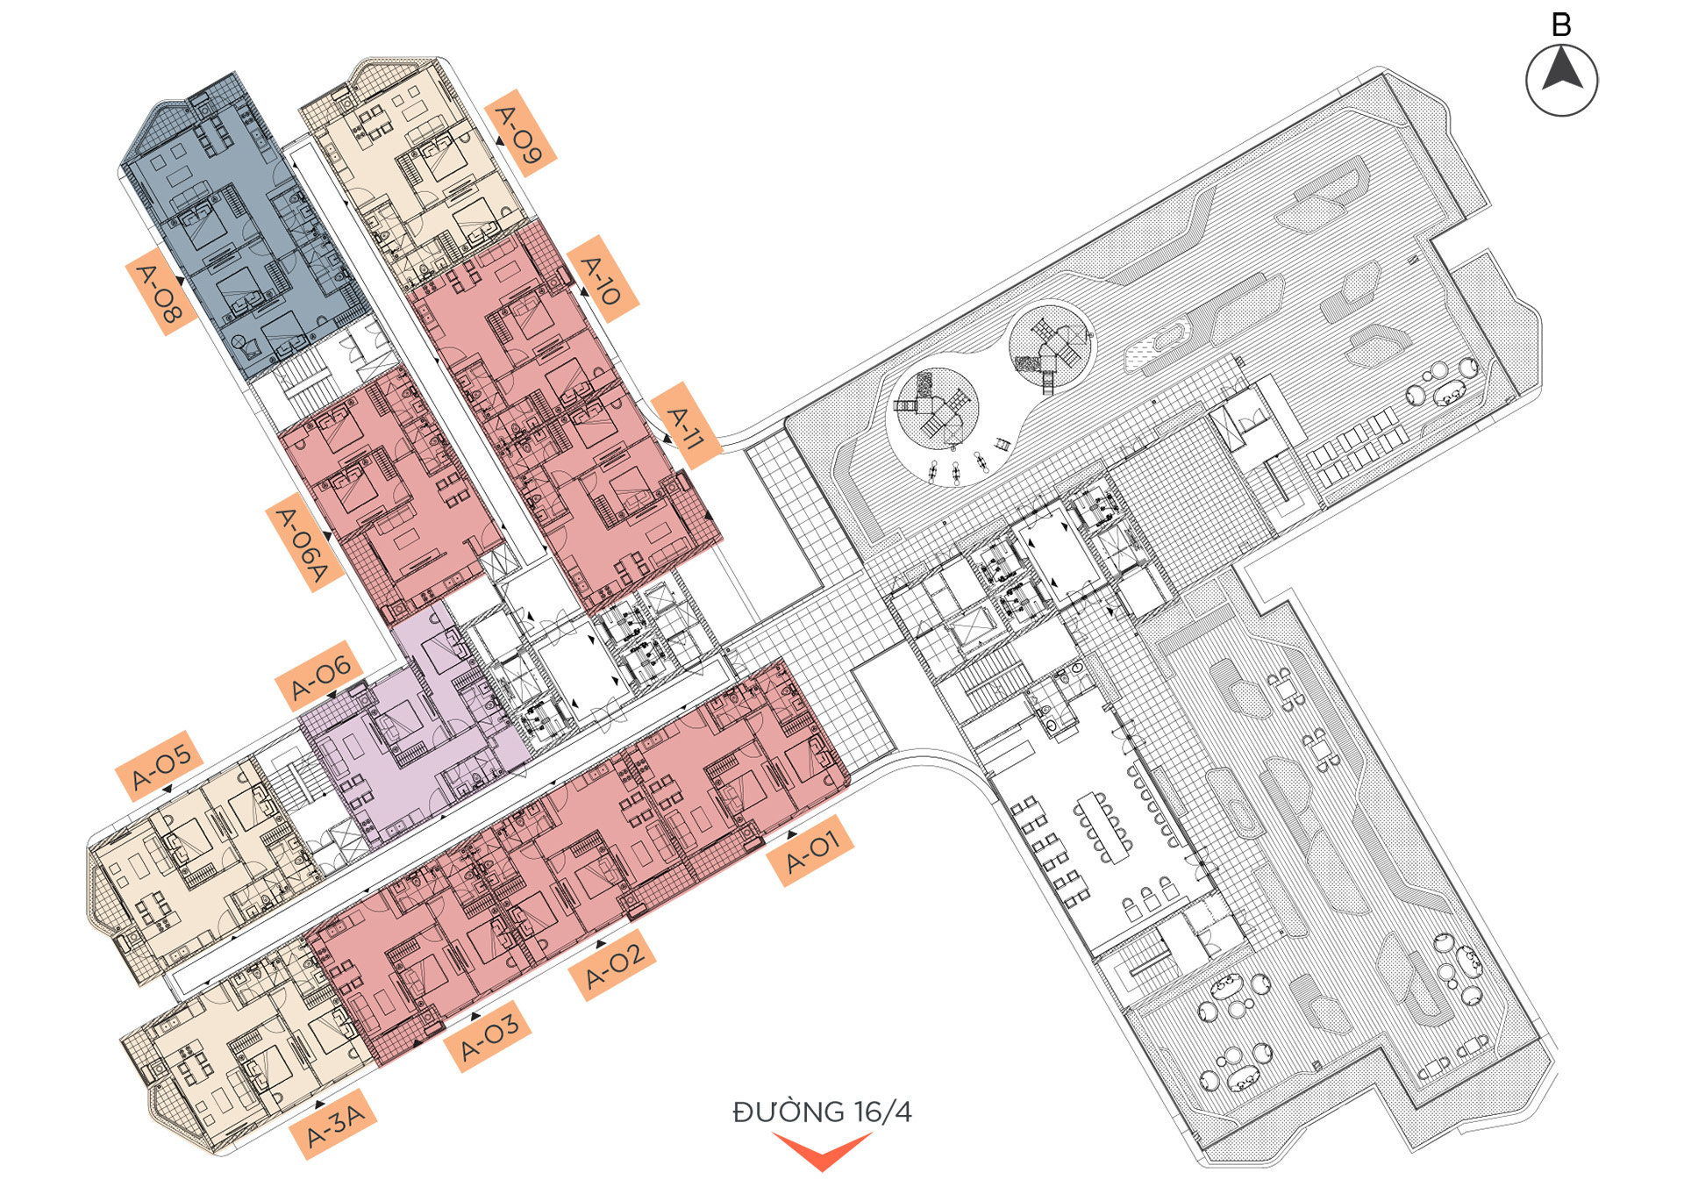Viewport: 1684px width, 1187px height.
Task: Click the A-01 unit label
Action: pyautogui.click(x=811, y=850)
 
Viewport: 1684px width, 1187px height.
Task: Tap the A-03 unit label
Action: pyautogui.click(x=488, y=1035)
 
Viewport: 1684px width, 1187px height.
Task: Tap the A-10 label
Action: pyautogui.click(x=603, y=278)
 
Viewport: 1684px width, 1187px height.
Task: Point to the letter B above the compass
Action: pyautogui.click(x=1561, y=25)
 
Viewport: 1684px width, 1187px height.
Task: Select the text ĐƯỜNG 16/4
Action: pyautogui.click(x=822, y=1112)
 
